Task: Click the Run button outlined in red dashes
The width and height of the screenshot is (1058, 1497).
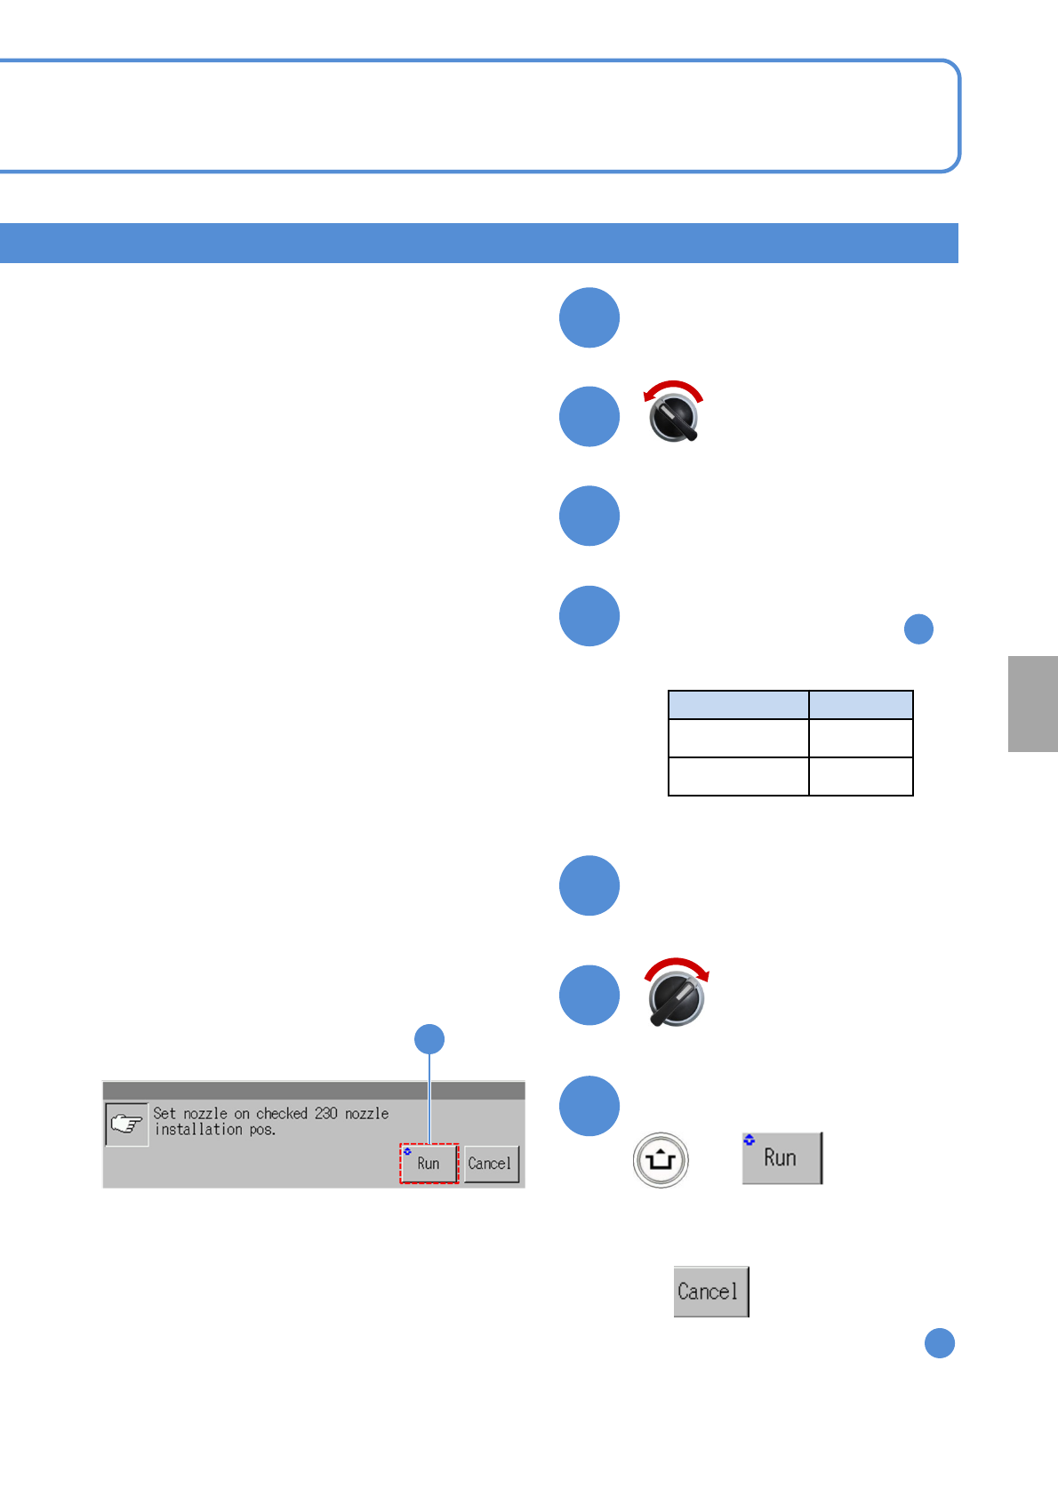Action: (429, 1163)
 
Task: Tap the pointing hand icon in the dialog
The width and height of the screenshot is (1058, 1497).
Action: (126, 1124)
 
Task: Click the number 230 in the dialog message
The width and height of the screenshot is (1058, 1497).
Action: (326, 1113)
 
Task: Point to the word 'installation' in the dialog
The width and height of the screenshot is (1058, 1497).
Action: (198, 1129)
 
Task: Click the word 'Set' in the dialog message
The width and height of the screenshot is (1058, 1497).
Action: (164, 1113)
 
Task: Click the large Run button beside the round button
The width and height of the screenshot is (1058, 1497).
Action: (781, 1157)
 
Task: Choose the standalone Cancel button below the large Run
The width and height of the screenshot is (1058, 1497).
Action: (710, 1291)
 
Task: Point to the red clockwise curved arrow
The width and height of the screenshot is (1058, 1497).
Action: (677, 966)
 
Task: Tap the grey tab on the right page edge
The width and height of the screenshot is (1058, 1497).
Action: (1032, 703)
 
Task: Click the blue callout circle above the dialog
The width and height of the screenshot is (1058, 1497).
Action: (430, 1038)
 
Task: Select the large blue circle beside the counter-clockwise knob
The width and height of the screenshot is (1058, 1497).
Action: (589, 416)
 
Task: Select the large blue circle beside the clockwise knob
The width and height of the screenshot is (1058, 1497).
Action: (589, 995)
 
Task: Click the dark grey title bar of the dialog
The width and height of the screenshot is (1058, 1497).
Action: (313, 1090)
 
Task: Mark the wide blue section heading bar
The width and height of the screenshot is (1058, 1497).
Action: (478, 243)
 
